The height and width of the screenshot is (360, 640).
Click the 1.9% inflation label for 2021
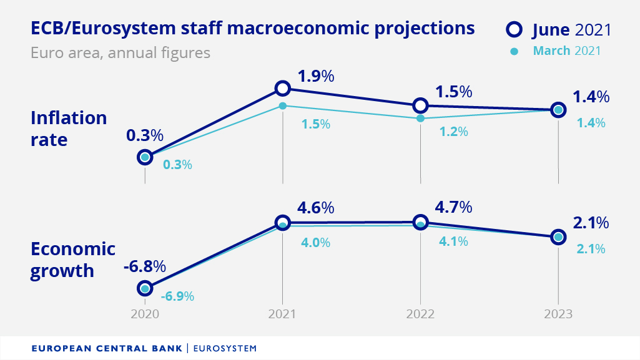coord(316,77)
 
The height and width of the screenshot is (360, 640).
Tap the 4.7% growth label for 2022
coord(454,207)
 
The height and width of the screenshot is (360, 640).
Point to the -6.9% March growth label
coord(177,296)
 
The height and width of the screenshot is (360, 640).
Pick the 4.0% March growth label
coord(315,243)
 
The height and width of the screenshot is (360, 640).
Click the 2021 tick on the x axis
coord(282,314)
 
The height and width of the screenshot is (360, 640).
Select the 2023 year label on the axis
coord(558,314)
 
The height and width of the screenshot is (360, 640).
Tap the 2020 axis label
coord(145,314)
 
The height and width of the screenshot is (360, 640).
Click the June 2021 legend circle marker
coord(514,29)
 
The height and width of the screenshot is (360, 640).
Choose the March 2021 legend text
coord(566,51)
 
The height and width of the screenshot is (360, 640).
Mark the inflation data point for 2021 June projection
coord(283,88)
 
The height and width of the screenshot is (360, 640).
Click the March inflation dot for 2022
coord(420,118)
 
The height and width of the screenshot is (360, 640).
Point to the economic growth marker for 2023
coord(558,236)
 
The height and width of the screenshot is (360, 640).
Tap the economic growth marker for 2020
coord(145,288)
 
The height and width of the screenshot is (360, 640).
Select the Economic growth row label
coord(73,260)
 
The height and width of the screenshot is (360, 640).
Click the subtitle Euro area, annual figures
coord(121,52)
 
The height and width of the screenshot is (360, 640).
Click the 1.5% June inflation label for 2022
coord(453,92)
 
